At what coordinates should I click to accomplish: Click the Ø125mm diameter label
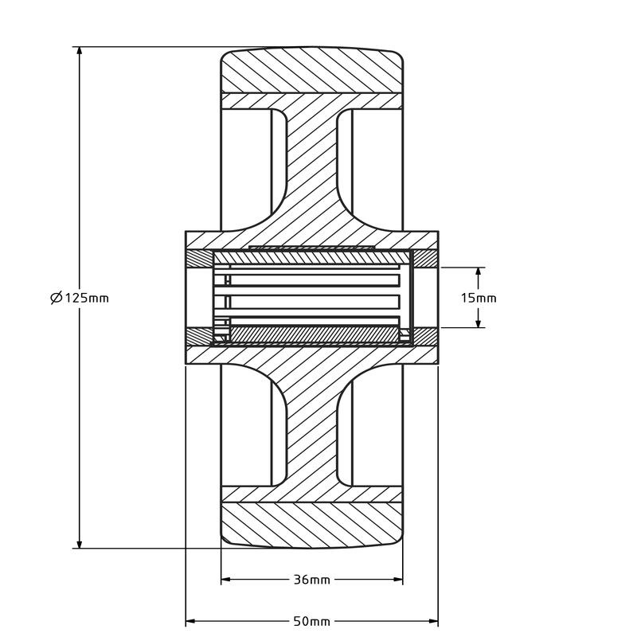pyautogui.click(x=79, y=298)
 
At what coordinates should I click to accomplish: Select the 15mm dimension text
pyautogui.click(x=479, y=298)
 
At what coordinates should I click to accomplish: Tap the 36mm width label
pyautogui.click(x=312, y=580)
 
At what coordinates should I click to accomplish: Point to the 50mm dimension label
pyautogui.click(x=312, y=621)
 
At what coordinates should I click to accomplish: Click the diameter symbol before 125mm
pyautogui.click(x=56, y=298)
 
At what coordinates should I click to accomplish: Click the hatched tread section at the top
pyautogui.click(x=312, y=72)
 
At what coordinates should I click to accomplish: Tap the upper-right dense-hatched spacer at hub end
pyautogui.click(x=424, y=260)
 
